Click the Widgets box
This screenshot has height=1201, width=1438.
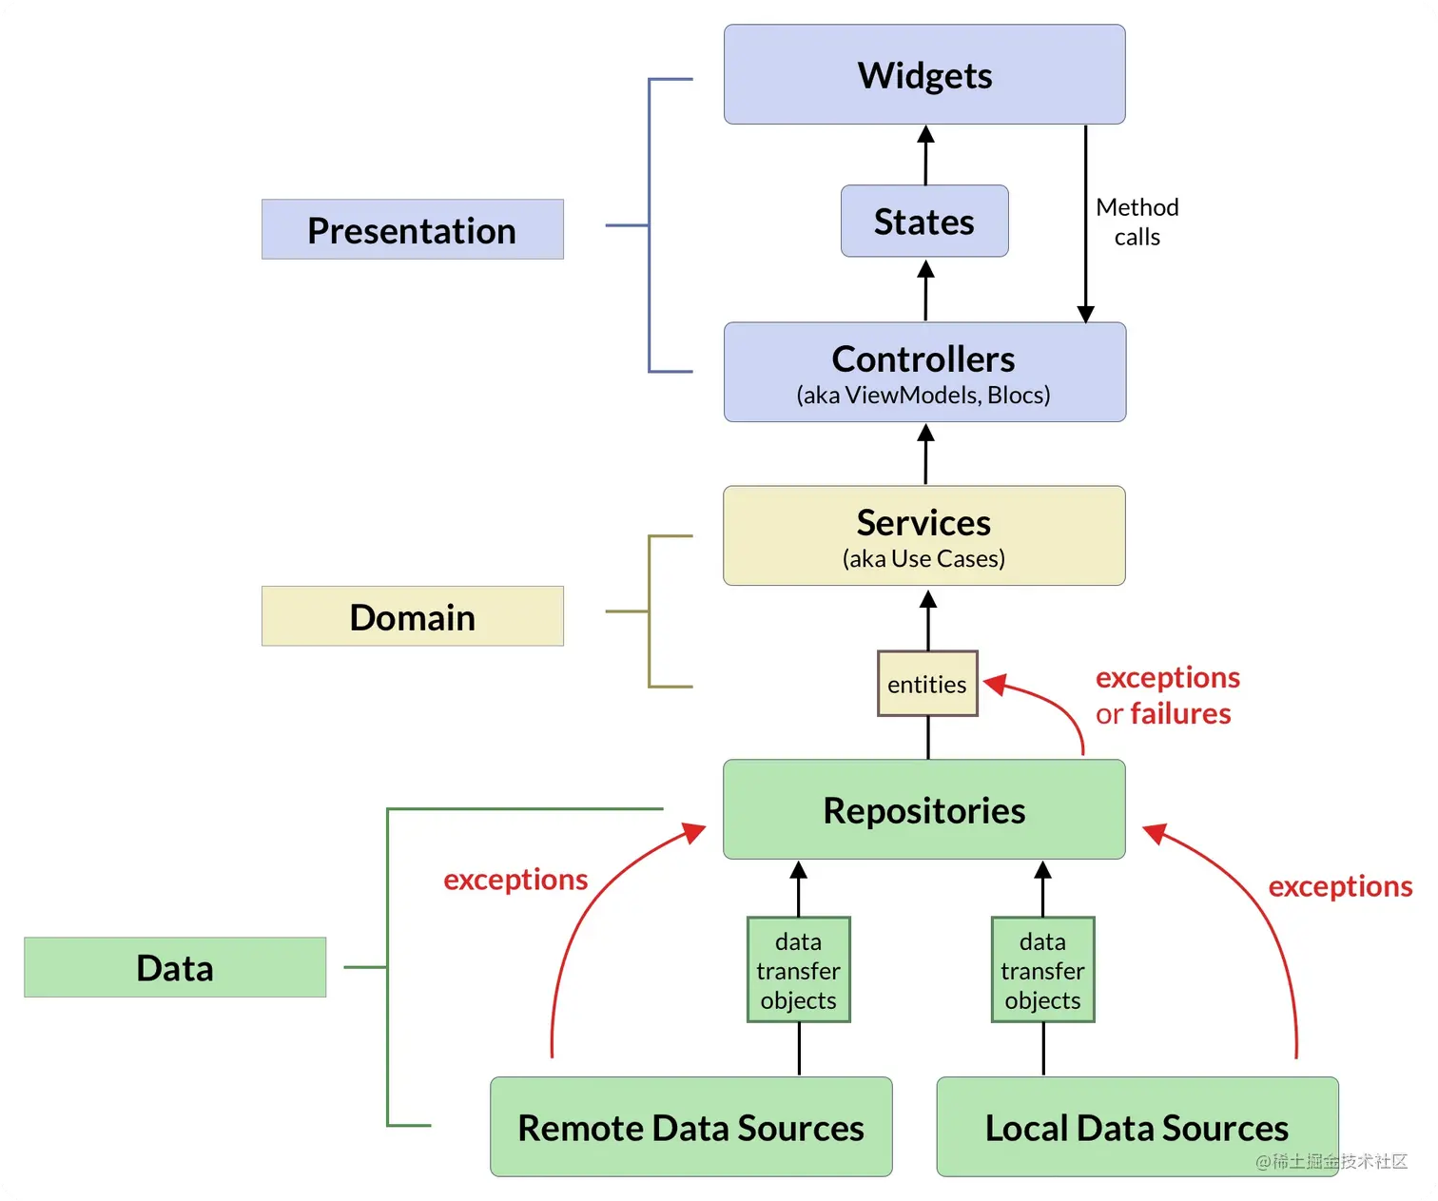point(924,75)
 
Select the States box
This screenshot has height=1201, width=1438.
point(924,222)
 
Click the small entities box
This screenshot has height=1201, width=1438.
point(927,684)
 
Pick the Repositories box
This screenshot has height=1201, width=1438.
point(924,810)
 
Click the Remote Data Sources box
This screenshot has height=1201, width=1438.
point(691,1127)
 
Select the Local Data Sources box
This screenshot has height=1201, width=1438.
point(1137,1127)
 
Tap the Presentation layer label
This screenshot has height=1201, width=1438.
point(412,230)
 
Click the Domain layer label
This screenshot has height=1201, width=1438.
point(412,617)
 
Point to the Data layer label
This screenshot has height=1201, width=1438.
point(175,968)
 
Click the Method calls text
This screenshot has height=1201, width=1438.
point(1137,222)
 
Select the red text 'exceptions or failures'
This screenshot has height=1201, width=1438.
point(1167,695)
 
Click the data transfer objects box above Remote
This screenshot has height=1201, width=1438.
point(799,970)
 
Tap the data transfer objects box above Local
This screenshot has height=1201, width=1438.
point(1043,970)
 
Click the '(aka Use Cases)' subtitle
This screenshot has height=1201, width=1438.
point(923,559)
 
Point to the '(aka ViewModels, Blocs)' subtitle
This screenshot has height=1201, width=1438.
point(923,396)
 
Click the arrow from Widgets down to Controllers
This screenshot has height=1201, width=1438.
point(1085,223)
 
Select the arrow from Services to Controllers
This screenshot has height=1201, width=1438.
point(925,455)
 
